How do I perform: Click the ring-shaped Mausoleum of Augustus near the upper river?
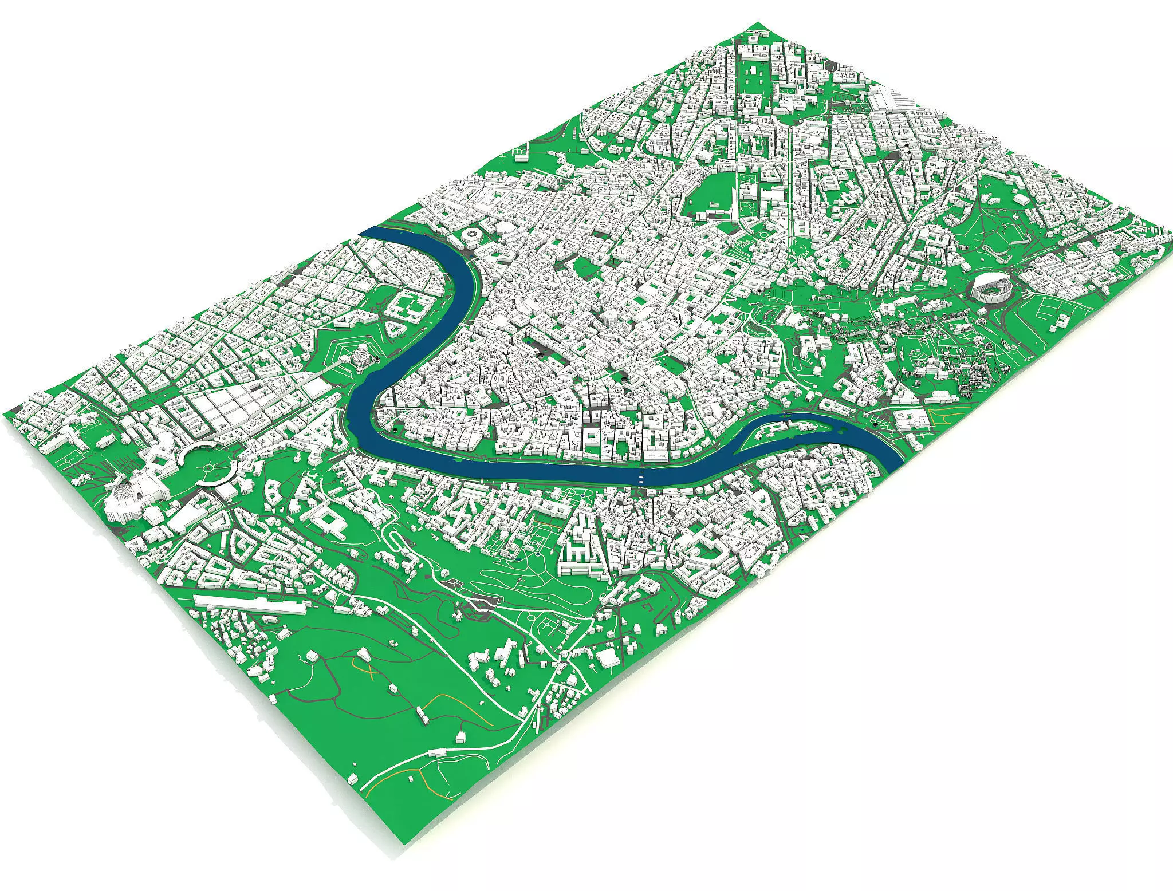(x=473, y=235)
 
